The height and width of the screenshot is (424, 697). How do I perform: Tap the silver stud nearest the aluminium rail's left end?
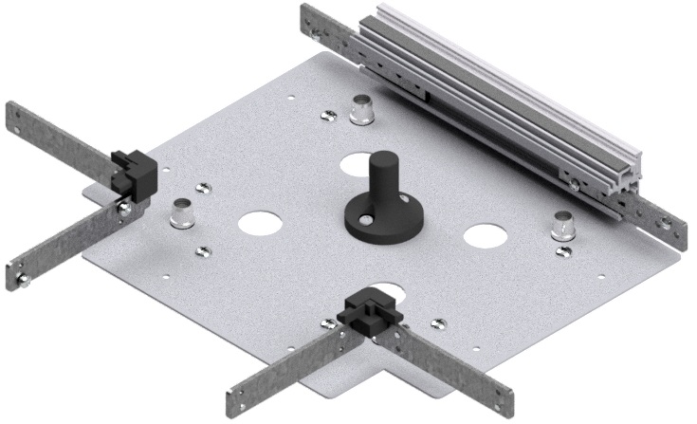361,110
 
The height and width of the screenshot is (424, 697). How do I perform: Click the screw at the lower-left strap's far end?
23,279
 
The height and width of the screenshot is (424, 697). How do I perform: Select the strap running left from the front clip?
284,365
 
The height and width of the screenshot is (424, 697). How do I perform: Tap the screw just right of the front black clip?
436,323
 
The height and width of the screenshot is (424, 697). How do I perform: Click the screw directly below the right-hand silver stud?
564,251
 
